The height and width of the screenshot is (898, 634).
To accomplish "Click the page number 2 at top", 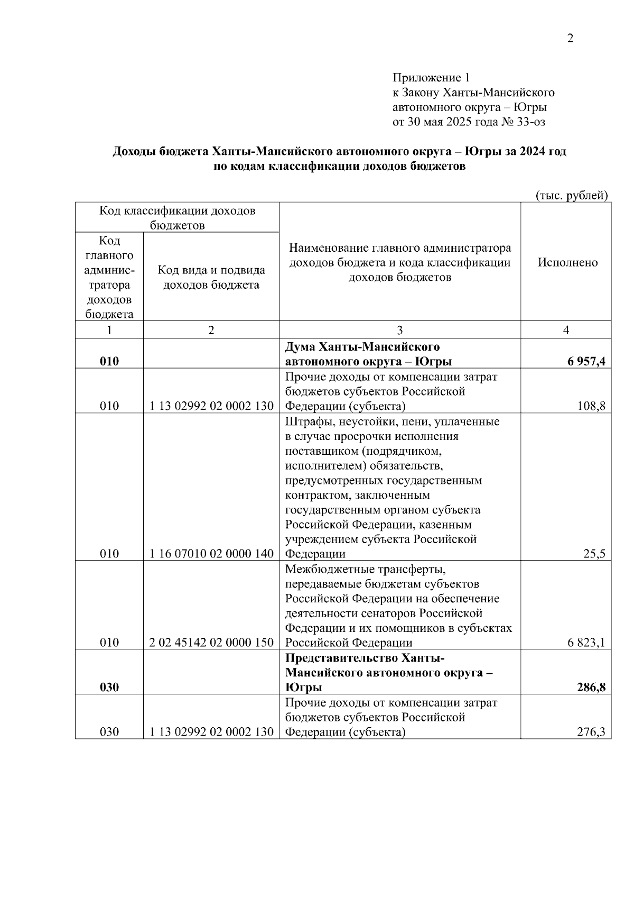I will coord(570,38).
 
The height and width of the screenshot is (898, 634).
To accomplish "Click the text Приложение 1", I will coord(431,78).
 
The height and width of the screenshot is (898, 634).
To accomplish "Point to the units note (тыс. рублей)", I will coord(572,196).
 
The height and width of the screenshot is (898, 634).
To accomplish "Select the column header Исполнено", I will coord(567,262).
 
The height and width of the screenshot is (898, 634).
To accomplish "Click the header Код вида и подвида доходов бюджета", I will coord(211,278).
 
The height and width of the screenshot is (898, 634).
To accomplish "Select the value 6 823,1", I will coord(586,643).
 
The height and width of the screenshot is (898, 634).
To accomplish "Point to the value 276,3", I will coord(591,732).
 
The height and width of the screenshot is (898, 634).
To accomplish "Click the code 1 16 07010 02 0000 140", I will coord(211,554).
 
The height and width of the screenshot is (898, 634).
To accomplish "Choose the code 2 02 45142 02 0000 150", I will coord(211,643).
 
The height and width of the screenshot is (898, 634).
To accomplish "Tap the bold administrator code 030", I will coord(109,687).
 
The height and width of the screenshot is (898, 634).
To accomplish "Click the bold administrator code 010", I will coord(109,362).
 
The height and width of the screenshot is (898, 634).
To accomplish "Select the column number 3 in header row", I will coord(399,330).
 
